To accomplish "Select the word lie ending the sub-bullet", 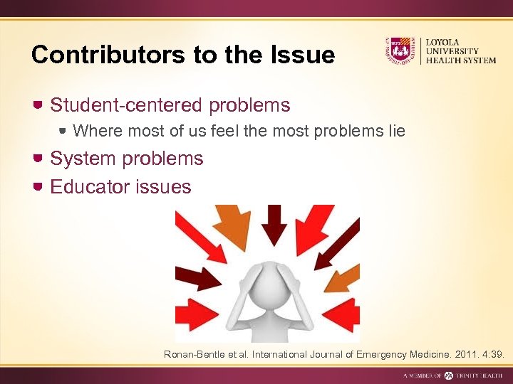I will click(396, 131).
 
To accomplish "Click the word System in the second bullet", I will click(83, 159).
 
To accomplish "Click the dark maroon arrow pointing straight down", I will click(273, 224).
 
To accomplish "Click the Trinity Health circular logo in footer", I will click(448, 375).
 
